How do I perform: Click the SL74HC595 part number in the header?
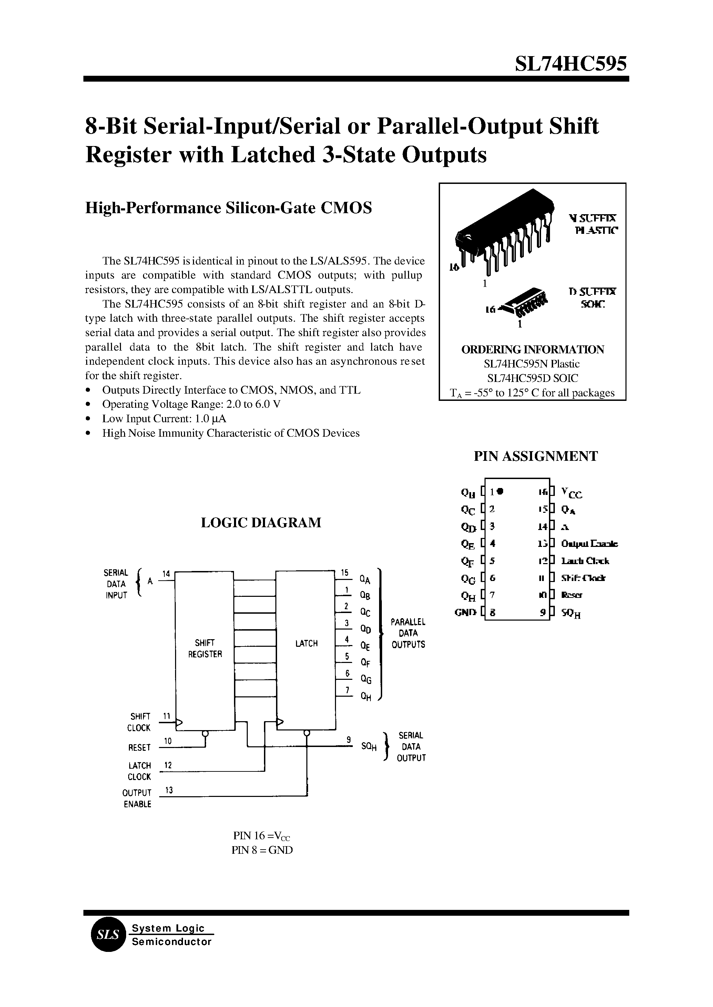[571, 64]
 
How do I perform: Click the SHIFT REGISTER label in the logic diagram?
[205, 648]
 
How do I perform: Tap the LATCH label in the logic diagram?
[306, 644]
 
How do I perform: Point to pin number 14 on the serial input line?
[166, 573]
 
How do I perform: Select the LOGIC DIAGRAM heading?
[261, 522]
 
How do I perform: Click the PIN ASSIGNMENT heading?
[535, 456]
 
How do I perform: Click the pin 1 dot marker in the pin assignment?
[500, 491]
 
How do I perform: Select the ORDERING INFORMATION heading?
[532, 350]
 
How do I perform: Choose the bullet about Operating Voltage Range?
[191, 404]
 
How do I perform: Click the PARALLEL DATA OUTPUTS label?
[408, 633]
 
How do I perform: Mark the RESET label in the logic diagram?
[139, 747]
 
